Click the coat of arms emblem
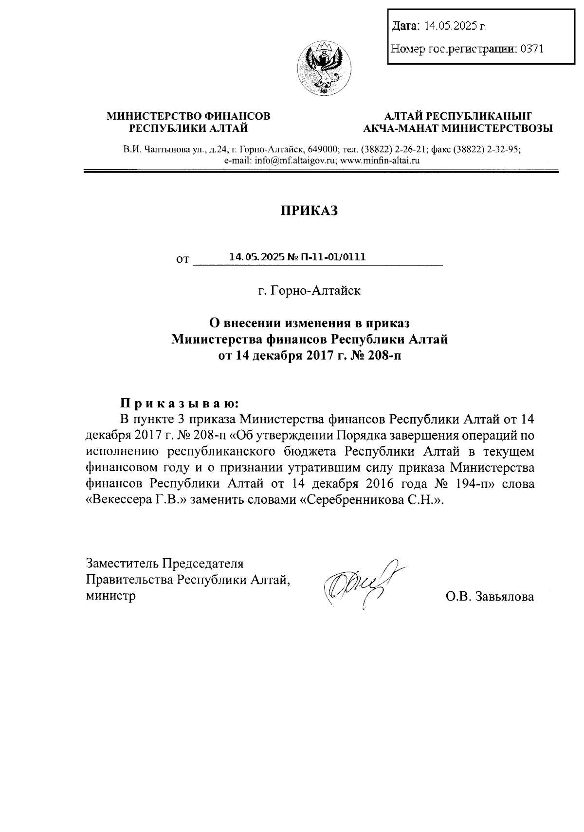click(323, 69)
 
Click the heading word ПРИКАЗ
click(309, 211)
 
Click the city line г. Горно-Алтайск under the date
click(310, 291)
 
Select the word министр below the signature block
click(110, 596)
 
